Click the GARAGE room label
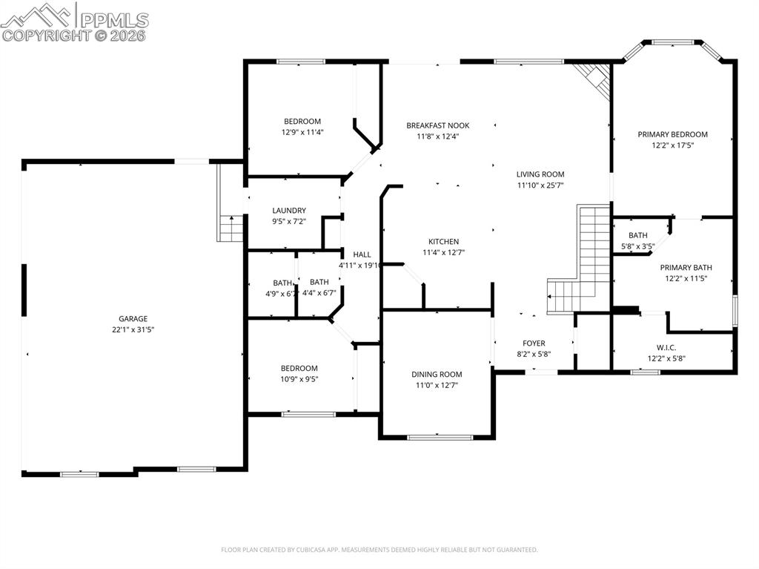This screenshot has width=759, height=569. [x=133, y=318]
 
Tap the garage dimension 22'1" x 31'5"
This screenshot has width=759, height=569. [x=133, y=329]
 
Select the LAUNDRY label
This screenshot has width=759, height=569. [x=288, y=211]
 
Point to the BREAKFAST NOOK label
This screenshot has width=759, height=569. [x=437, y=125]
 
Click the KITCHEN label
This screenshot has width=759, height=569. [x=443, y=241]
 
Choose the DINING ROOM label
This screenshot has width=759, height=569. [x=437, y=375]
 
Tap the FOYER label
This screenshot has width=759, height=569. [x=534, y=343]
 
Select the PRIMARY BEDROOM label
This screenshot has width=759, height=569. [x=672, y=134]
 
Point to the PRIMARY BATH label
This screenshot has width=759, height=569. [x=686, y=268]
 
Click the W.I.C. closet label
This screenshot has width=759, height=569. [x=666, y=347]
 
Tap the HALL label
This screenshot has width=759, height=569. [x=362, y=254]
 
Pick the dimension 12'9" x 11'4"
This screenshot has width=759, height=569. [x=302, y=132]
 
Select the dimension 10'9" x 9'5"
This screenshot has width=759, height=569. [x=299, y=379]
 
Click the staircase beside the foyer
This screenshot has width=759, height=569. [x=586, y=260]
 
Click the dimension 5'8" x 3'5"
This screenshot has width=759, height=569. [x=637, y=246]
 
